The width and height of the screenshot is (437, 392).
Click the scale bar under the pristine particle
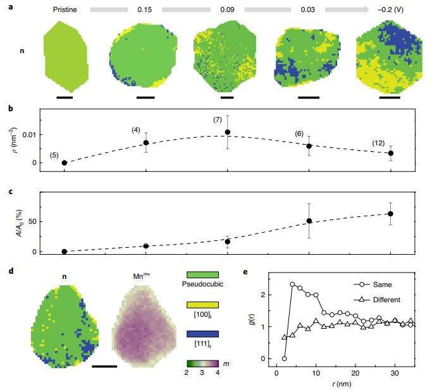(x=65, y=97)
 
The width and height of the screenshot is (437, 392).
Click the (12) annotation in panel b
(x=379, y=144)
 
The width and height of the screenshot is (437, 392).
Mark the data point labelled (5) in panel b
(x=64, y=162)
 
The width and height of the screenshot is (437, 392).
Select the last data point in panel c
(x=391, y=214)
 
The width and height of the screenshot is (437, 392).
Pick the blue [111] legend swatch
(x=203, y=334)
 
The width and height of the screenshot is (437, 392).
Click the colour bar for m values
(x=203, y=364)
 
